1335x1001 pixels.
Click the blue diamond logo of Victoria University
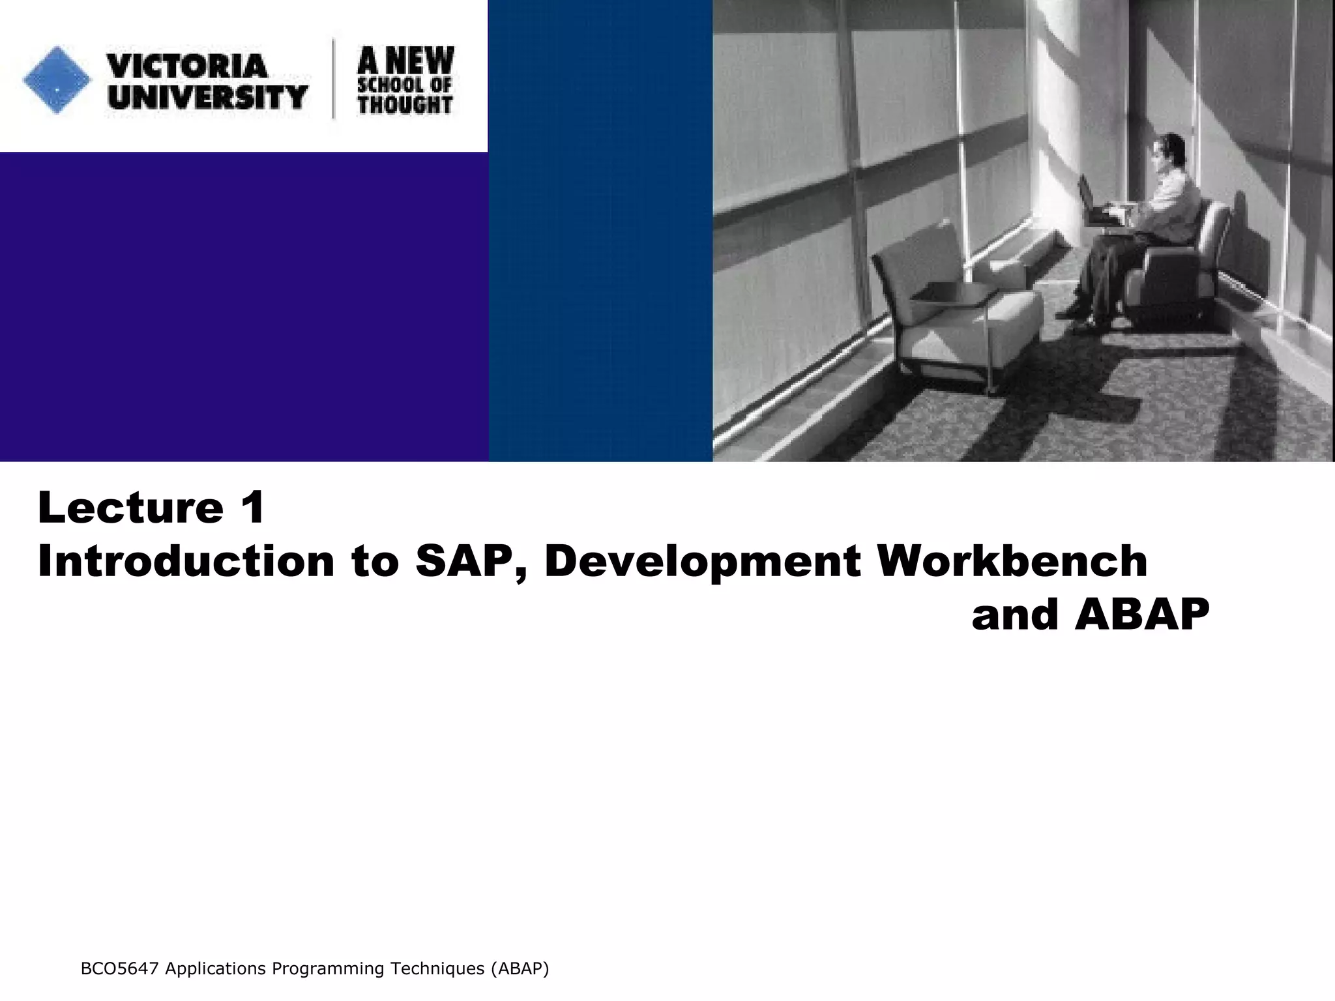tap(57, 80)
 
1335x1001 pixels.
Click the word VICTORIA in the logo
tap(187, 66)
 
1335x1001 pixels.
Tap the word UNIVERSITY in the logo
tap(207, 98)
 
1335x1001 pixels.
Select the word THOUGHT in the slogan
tap(405, 105)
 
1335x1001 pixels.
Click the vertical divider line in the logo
tap(334, 80)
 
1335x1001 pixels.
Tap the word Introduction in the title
tap(186, 561)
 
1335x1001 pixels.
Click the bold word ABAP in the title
tap(1142, 615)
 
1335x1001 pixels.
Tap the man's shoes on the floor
tap(1082, 319)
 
